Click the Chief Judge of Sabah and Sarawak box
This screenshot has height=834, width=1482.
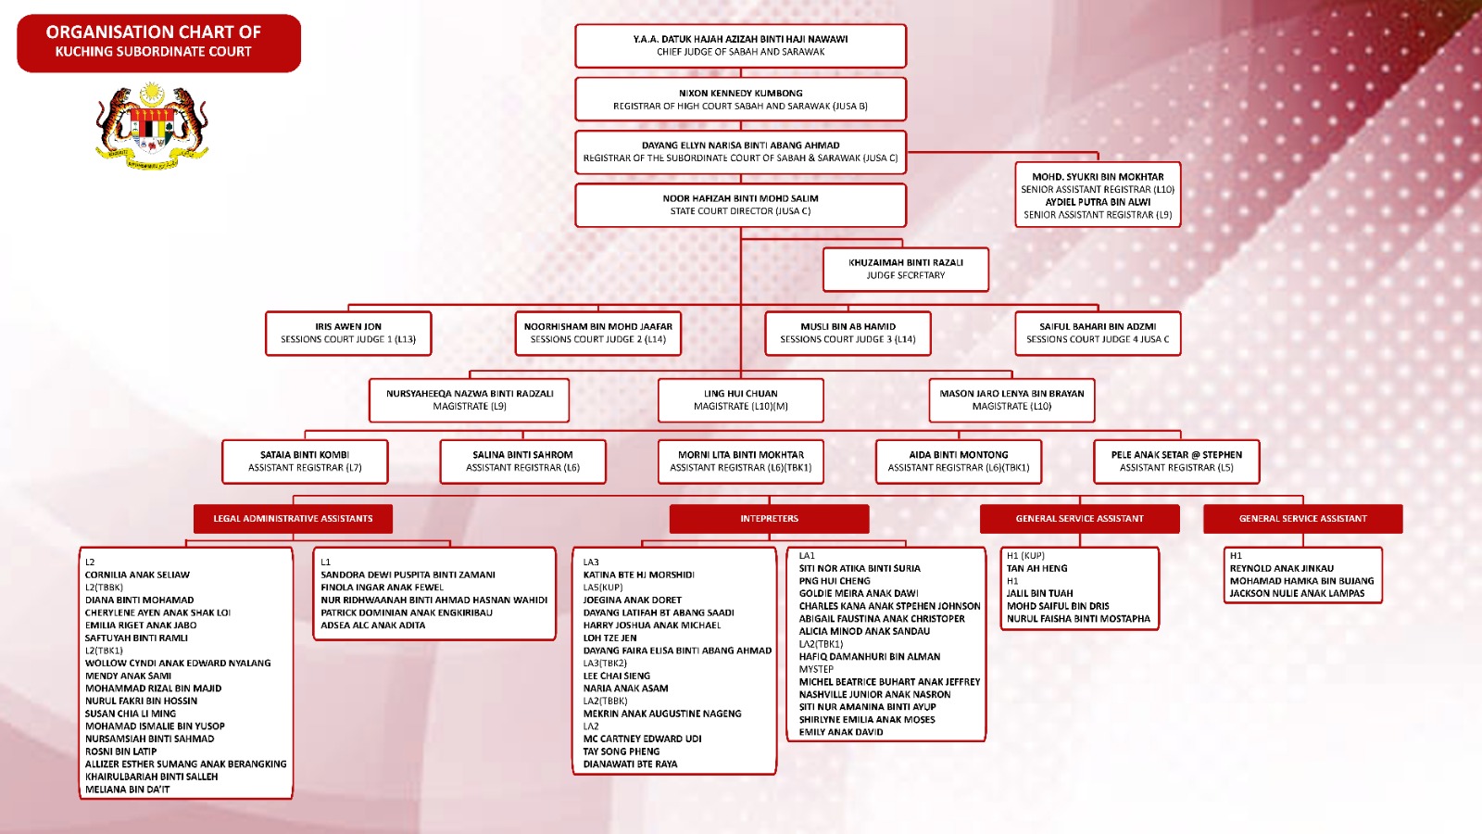coord(740,45)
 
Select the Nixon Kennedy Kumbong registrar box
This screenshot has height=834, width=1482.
coord(740,99)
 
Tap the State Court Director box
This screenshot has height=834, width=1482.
coord(740,205)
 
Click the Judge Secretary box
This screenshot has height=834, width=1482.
coord(905,269)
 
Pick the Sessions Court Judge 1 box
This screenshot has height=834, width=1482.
coord(348,333)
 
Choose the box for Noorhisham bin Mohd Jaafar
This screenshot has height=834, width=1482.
coord(597,333)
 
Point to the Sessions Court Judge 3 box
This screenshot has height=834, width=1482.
coord(848,333)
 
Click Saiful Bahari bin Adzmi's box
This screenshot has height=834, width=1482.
coord(1098,333)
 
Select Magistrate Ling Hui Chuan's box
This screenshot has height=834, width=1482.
coord(740,399)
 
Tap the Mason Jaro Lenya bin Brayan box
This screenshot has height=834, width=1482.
coord(1011,399)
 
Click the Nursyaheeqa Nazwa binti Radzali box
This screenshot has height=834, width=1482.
coord(470,399)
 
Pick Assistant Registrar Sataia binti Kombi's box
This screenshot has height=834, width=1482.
coord(305,461)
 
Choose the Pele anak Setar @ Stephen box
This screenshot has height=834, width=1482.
coord(1176,461)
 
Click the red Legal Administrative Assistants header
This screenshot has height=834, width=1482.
coord(293,519)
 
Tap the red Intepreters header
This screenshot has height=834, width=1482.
coord(769,519)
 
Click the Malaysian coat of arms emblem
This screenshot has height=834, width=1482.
coord(152,126)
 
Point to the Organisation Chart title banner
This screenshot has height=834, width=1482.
coord(158,43)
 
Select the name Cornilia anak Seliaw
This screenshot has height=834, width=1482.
coord(137,575)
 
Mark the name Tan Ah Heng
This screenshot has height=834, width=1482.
coord(1036,568)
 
